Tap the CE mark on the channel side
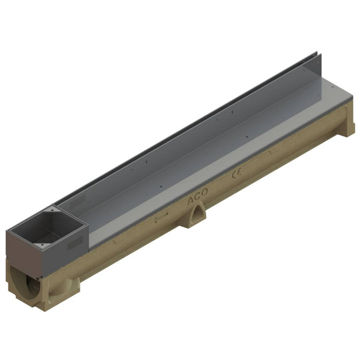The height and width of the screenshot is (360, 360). click(236, 175)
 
